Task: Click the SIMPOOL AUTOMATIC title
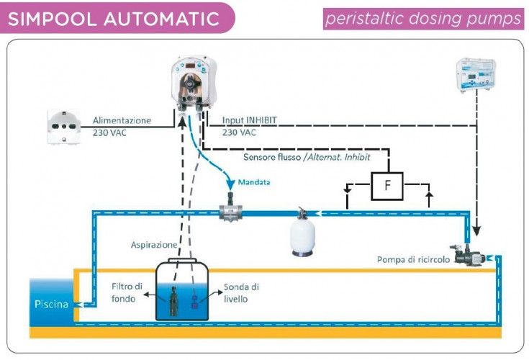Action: point(113,17)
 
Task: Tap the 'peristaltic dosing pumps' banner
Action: point(424,18)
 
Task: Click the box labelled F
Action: point(387,186)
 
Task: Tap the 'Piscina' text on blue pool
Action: point(52,304)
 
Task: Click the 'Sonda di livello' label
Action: point(241,292)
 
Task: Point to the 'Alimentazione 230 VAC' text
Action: point(122,126)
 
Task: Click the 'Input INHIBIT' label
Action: point(251,121)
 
